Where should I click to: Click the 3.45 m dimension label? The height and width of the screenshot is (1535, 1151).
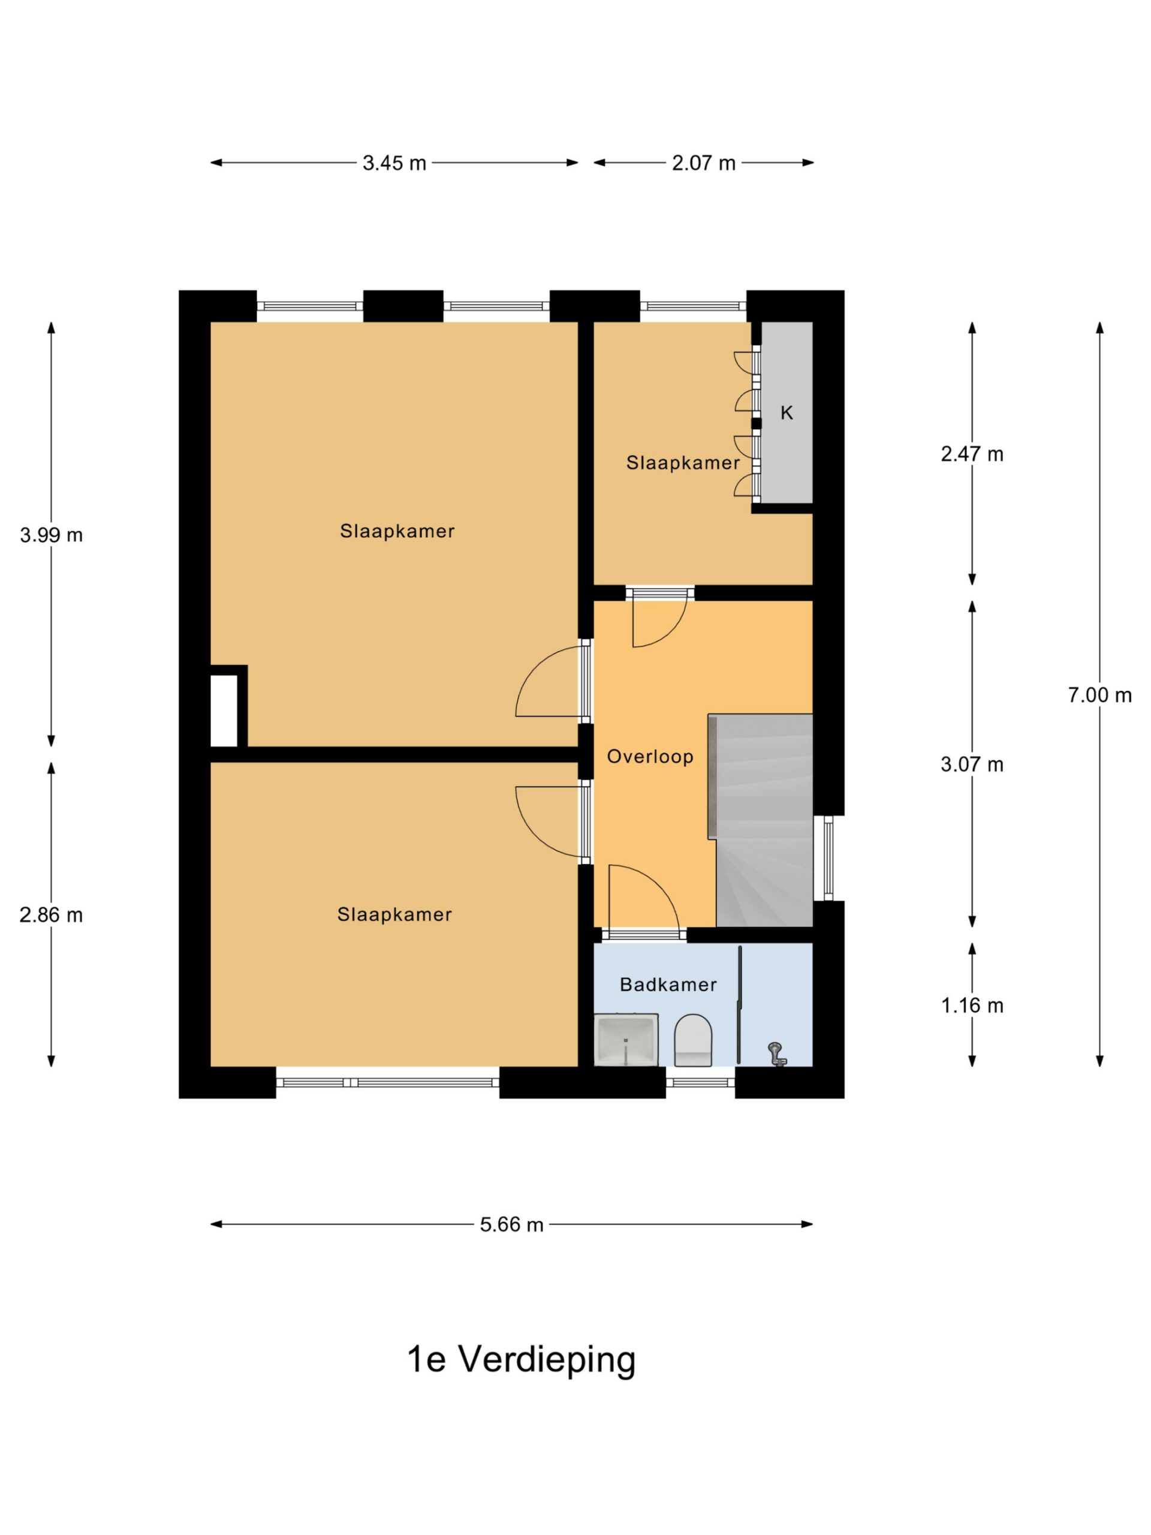click(x=394, y=163)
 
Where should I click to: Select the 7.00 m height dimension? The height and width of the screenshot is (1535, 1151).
click(x=1099, y=694)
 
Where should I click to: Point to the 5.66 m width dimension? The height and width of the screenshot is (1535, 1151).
click(x=511, y=1225)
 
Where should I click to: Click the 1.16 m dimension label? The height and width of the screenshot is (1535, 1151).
click(x=972, y=1006)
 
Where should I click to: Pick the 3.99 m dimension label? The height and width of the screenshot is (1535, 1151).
click(x=52, y=535)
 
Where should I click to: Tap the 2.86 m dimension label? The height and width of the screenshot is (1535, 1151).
click(x=52, y=916)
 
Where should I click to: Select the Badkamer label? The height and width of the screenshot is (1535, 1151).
click(x=668, y=985)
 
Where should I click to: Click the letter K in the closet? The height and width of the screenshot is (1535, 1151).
click(x=786, y=413)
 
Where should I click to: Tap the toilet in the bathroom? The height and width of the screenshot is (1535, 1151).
click(x=693, y=1040)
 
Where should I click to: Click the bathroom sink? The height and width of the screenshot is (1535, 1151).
click(x=626, y=1039)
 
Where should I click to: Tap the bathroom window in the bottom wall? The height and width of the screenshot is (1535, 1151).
click(x=700, y=1082)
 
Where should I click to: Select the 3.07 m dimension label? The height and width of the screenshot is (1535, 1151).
click(x=972, y=765)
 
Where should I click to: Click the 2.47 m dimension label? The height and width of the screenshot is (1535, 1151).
click(x=972, y=455)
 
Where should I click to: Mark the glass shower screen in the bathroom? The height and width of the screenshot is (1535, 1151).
click(x=740, y=1004)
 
